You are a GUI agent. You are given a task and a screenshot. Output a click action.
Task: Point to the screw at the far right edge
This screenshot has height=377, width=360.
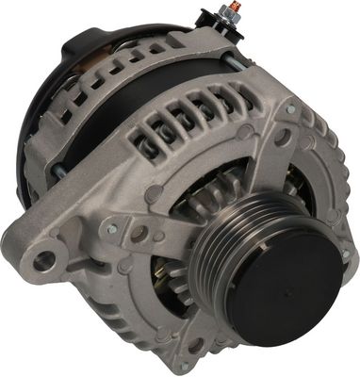[347, 254]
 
